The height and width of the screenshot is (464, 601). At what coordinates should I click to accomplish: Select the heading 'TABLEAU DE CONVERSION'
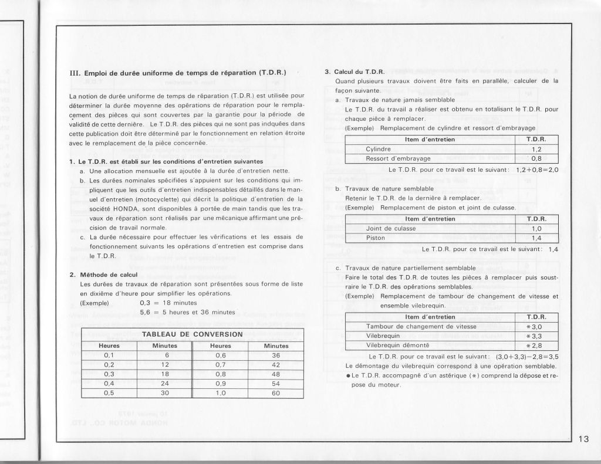tap(193, 334)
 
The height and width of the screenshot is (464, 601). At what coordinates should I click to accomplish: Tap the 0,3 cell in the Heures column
tap(108, 374)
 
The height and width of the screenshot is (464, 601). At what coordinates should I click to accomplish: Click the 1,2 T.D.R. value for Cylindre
tap(536, 149)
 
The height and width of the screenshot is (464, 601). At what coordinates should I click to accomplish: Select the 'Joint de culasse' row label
tap(391, 228)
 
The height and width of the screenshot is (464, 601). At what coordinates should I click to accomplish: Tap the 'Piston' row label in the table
tap(376, 238)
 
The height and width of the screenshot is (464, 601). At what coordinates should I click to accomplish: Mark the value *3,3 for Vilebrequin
tap(535, 336)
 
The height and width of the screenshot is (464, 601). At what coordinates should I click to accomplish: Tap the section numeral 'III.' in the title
tap(75, 73)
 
